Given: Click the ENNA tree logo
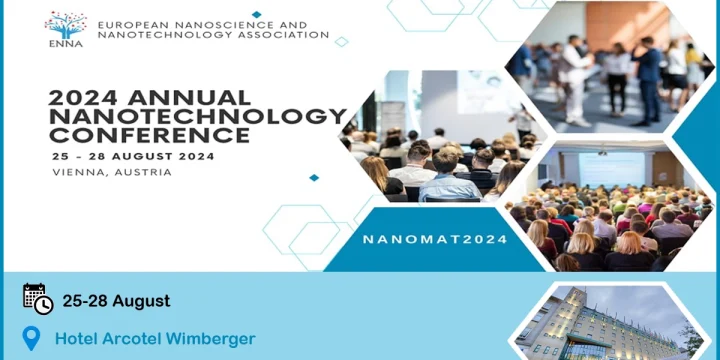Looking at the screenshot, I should click(65, 26).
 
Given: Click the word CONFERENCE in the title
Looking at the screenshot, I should click(149, 135).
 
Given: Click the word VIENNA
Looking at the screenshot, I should click(79, 172).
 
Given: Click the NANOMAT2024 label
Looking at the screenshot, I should click(435, 240).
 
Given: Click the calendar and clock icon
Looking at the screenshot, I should click(37, 299).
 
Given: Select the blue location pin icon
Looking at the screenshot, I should click(32, 338).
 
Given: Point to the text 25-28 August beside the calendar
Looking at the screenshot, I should click(116, 301).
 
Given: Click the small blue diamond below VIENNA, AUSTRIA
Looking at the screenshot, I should click(314, 178).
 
